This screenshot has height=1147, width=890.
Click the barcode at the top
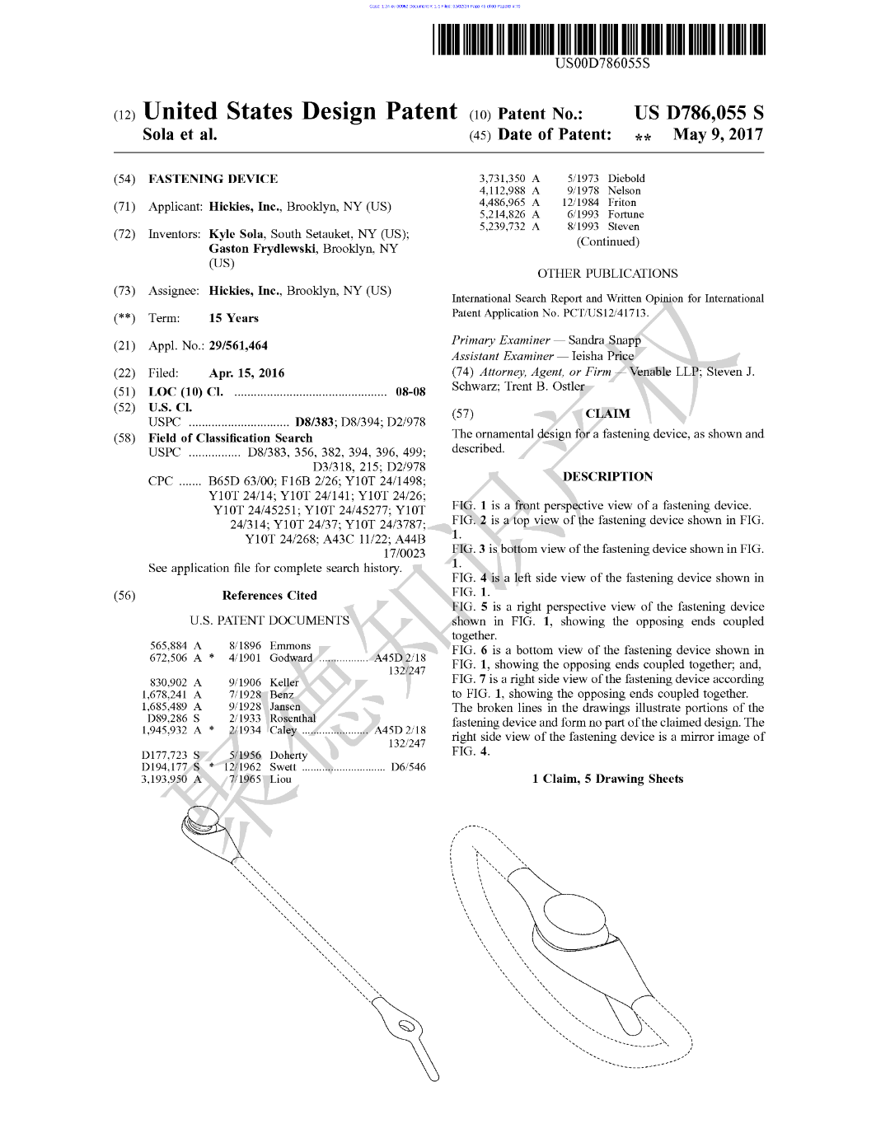pos(600,39)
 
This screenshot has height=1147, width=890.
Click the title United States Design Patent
pos(300,112)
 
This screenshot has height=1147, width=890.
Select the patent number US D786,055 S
pos(699,114)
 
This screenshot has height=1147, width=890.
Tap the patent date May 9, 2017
pos(718,134)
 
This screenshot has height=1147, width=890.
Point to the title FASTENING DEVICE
pos(213,179)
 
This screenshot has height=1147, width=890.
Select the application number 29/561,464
pos(238,346)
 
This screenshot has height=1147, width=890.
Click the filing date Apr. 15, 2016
pos(246,373)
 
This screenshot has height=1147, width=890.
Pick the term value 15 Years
pos(233,318)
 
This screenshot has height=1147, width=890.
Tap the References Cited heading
pos(269,596)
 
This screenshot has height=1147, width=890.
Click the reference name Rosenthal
pos(293,719)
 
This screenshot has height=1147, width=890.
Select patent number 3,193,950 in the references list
pos(164,779)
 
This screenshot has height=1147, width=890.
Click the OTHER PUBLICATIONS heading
pos(607,274)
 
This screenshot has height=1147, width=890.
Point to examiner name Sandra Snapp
pos(604,340)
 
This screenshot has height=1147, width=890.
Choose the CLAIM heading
pos(607,414)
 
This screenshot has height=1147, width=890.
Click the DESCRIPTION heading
pos(607,476)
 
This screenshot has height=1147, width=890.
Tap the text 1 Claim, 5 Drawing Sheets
pos(607,779)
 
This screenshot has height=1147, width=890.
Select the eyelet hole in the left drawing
pos(405,1027)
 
